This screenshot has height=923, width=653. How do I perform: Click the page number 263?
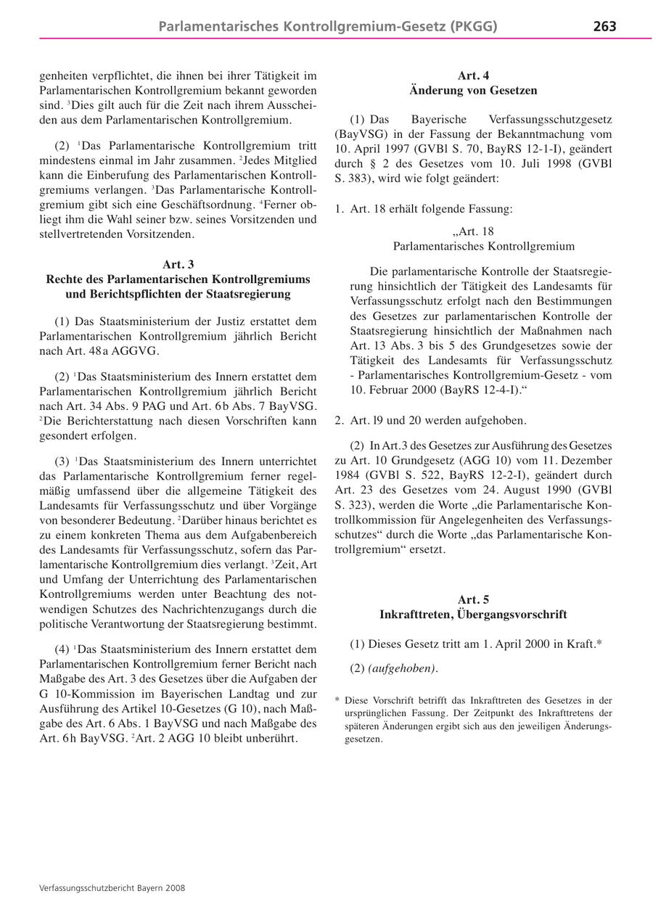pos(604,26)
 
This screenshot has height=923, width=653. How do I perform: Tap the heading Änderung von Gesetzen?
pos(473,91)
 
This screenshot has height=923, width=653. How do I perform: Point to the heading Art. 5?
pos(473,599)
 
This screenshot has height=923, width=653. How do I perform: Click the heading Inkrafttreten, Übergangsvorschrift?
pos(473,615)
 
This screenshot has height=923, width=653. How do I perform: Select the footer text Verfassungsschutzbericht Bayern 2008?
pos(112,887)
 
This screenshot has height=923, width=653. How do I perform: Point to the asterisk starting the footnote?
pos(337,701)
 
